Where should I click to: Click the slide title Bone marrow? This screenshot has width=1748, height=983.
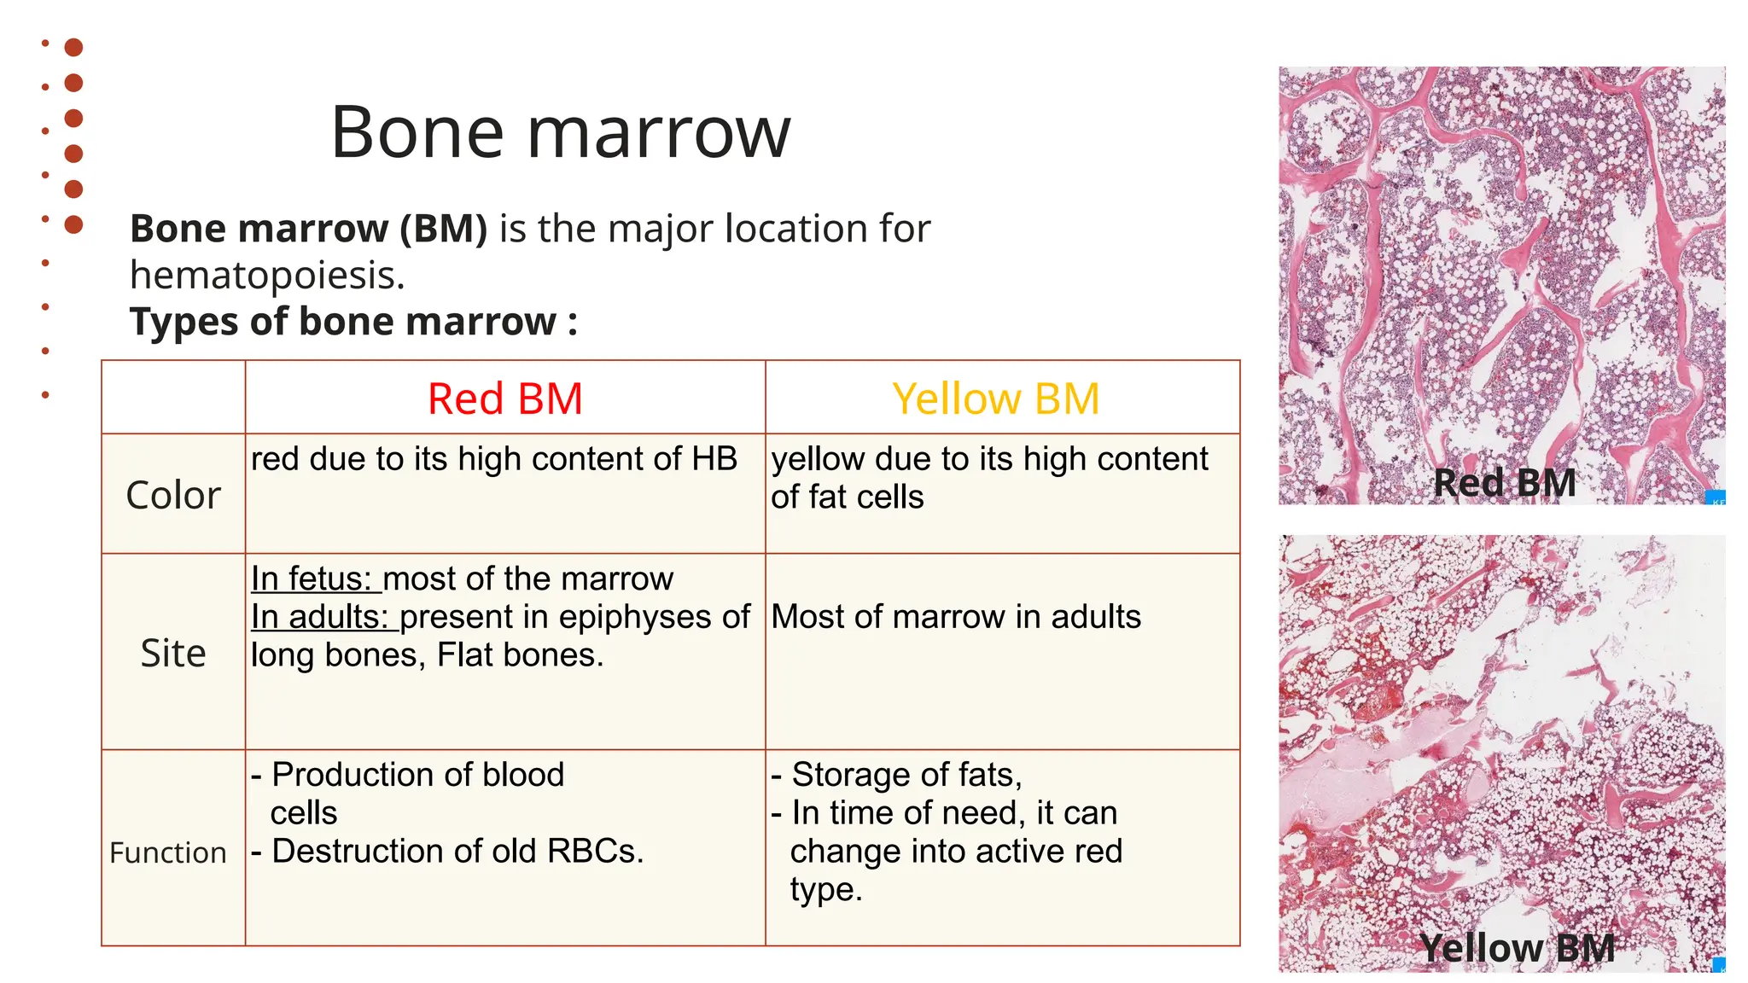pos(561,132)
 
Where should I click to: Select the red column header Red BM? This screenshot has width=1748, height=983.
pos(504,398)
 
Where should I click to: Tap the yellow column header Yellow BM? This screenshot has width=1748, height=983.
pos(995,398)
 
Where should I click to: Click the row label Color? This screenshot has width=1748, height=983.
pos(173,495)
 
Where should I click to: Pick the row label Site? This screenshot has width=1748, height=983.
pos(173,654)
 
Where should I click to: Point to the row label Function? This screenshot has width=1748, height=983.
pos(168,852)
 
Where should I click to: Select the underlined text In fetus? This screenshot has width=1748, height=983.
pos(312,579)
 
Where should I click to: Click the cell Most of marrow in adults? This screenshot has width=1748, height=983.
pos(955,617)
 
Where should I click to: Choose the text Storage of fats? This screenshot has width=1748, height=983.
pos(906,775)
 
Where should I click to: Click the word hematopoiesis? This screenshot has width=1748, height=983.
pos(266,276)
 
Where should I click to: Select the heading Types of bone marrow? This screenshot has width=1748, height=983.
pos(353,322)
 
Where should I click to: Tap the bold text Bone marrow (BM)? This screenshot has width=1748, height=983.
pos(308,229)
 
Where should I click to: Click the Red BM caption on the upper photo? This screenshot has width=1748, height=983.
pos(1504,483)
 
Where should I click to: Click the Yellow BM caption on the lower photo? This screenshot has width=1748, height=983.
pos(1517,948)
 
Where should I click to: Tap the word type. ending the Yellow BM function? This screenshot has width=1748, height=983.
pos(825,890)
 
